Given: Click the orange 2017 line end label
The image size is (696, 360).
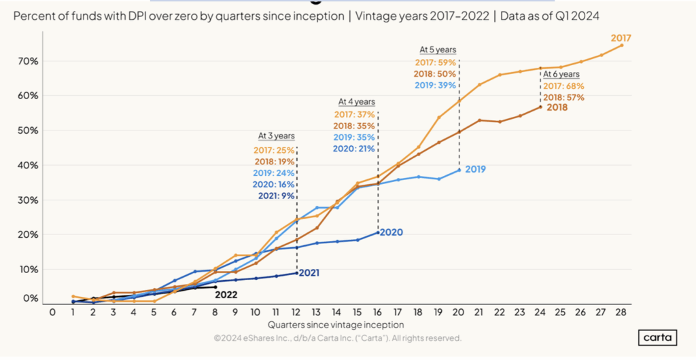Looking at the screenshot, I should [x=621, y=38].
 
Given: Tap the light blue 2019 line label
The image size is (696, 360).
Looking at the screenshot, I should [x=475, y=169].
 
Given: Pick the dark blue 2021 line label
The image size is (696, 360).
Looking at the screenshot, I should [x=307, y=273].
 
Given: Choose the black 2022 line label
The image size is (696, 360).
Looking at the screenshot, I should [x=226, y=294].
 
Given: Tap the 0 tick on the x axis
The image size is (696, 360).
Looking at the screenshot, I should [x=52, y=312].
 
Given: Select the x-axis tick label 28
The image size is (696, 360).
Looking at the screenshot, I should [x=621, y=312].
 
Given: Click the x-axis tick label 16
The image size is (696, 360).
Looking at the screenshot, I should [x=377, y=312].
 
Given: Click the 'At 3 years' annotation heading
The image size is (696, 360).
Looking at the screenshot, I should [x=276, y=135].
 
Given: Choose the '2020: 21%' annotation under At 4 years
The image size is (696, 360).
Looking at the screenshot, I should [x=354, y=149].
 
